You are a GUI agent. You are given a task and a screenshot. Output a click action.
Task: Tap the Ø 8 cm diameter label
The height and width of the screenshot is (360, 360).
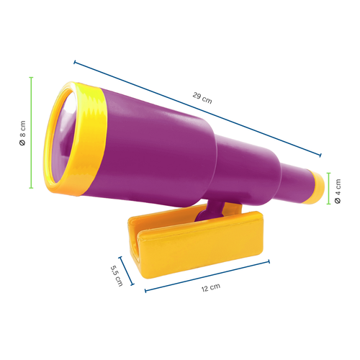[x=22, y=134]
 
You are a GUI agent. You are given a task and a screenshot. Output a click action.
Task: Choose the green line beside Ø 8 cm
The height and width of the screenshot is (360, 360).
[x=31, y=134]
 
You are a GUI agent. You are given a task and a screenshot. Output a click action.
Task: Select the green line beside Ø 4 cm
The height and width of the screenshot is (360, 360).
[x=328, y=189]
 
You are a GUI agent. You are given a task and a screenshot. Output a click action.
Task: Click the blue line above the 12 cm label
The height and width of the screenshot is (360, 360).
[x=205, y=277]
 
